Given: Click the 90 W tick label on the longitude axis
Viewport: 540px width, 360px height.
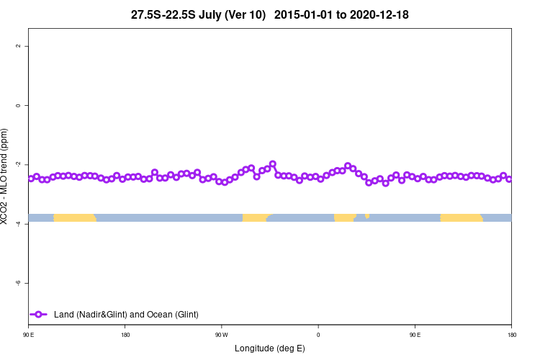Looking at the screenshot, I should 221,335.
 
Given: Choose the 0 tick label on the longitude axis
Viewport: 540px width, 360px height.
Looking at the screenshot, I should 318,335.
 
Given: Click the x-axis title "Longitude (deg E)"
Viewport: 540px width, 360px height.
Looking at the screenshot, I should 270,348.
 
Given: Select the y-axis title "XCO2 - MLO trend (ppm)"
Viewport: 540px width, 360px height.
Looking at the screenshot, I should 6,177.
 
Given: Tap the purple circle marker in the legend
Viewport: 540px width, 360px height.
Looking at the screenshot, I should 39,314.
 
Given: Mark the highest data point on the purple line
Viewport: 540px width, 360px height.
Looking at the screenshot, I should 273,164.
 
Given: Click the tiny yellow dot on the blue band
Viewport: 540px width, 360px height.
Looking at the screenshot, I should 367,215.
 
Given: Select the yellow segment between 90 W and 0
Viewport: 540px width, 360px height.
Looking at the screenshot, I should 255,217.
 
